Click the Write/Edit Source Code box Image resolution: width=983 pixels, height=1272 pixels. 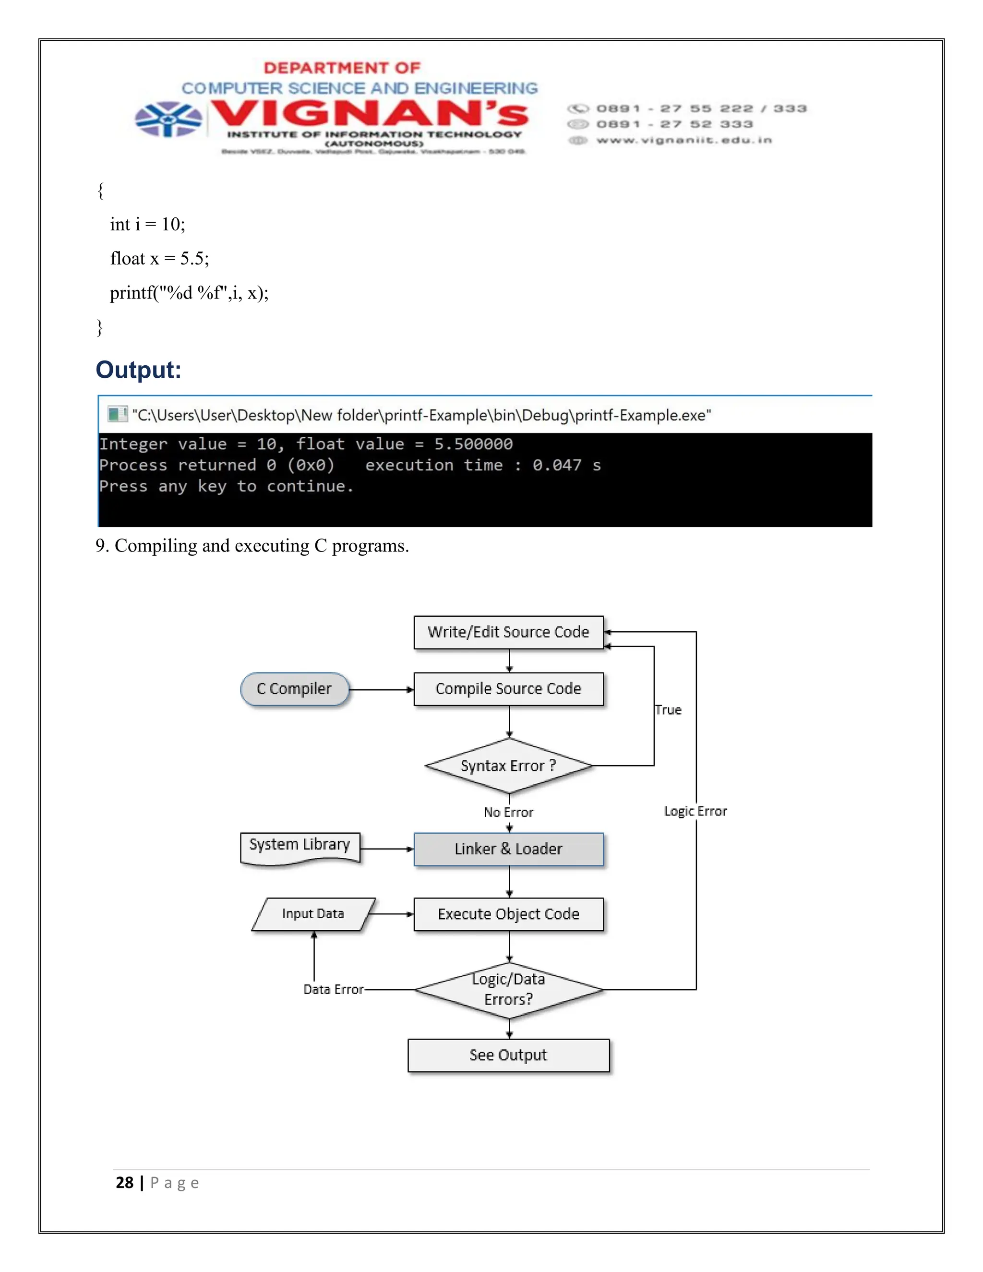[508, 632]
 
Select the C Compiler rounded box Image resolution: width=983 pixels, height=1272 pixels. [295, 689]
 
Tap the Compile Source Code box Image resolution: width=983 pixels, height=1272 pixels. [508, 689]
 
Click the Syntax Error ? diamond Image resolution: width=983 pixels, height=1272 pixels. [508, 766]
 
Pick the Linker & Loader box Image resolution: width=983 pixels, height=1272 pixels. [508, 849]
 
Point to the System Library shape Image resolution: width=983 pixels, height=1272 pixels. [300, 847]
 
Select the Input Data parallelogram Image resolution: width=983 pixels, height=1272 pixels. [313, 914]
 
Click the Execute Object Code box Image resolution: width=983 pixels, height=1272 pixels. [508, 914]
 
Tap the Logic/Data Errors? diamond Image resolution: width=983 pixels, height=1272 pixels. [508, 990]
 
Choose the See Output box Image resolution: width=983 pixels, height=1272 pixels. [508, 1056]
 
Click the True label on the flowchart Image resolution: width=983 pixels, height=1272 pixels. [668, 710]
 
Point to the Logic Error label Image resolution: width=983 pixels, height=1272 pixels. [695, 811]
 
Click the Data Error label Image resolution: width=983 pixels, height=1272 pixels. [333, 990]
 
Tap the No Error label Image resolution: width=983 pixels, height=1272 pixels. [508, 813]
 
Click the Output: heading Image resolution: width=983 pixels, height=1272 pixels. [139, 370]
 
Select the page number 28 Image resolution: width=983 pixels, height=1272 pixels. [125, 1183]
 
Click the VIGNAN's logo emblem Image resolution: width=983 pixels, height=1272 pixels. [168, 120]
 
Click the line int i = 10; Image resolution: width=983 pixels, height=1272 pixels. [147, 224]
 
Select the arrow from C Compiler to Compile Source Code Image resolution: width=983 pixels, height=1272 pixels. [382, 690]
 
